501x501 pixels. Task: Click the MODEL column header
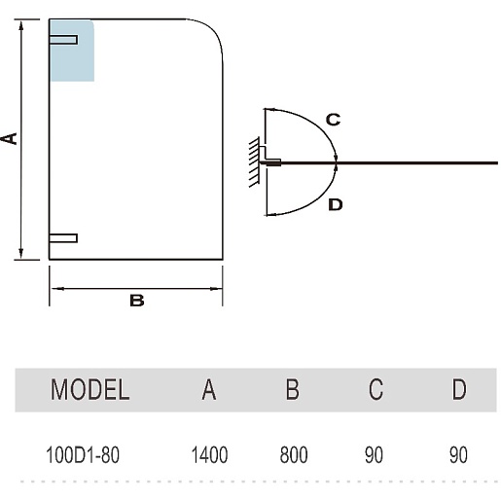coord(89,389)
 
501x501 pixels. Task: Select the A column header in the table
coord(209,389)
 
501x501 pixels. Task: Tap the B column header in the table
coord(292,389)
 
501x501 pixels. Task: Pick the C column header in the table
coord(376,389)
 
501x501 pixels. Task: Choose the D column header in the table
coord(459,389)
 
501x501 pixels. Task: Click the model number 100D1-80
coord(83,454)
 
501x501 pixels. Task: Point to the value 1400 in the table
coord(209,454)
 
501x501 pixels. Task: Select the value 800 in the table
coord(294,454)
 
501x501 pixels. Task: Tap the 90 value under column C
coord(374,454)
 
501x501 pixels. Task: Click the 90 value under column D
coord(458,454)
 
